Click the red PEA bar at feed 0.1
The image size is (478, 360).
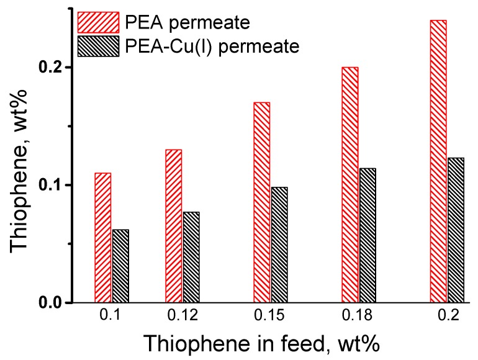[102, 238]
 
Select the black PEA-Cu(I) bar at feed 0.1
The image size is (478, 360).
[120, 266]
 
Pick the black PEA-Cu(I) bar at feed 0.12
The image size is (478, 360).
[191, 258]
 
